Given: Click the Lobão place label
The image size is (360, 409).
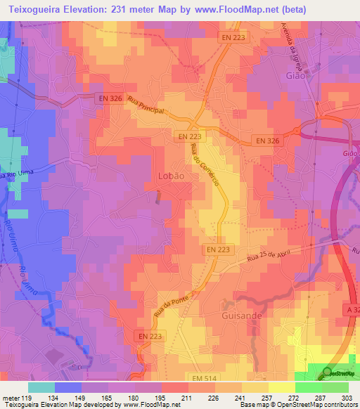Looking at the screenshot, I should click(x=172, y=176).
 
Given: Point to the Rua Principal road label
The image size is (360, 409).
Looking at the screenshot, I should click(x=146, y=106).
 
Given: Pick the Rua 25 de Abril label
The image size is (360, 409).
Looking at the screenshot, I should click(x=271, y=257).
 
